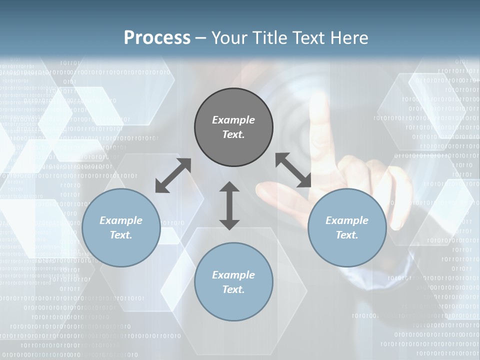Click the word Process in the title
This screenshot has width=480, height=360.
[x=157, y=38]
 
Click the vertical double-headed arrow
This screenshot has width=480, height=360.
[x=229, y=205]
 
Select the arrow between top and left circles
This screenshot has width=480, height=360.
[x=173, y=175]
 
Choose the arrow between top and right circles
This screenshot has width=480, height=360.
[x=293, y=170]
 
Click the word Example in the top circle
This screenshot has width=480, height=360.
[x=233, y=120]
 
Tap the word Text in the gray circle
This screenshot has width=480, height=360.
[x=233, y=134]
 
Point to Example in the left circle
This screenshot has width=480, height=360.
[x=121, y=220]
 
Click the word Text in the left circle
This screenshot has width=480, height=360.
[x=121, y=235]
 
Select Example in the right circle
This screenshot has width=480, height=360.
[x=347, y=220]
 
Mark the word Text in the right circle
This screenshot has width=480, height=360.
[x=347, y=235]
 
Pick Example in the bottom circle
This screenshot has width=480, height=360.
[x=233, y=275]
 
